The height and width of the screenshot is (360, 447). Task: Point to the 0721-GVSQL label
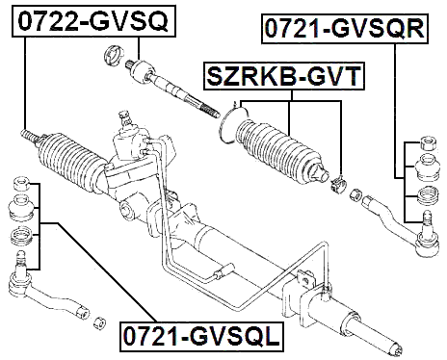(x=200, y=336)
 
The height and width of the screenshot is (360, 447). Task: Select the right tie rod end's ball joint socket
(x=420, y=230)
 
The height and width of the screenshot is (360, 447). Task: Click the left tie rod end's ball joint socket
(x=18, y=281)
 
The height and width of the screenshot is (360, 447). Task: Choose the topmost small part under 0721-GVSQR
(x=425, y=145)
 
